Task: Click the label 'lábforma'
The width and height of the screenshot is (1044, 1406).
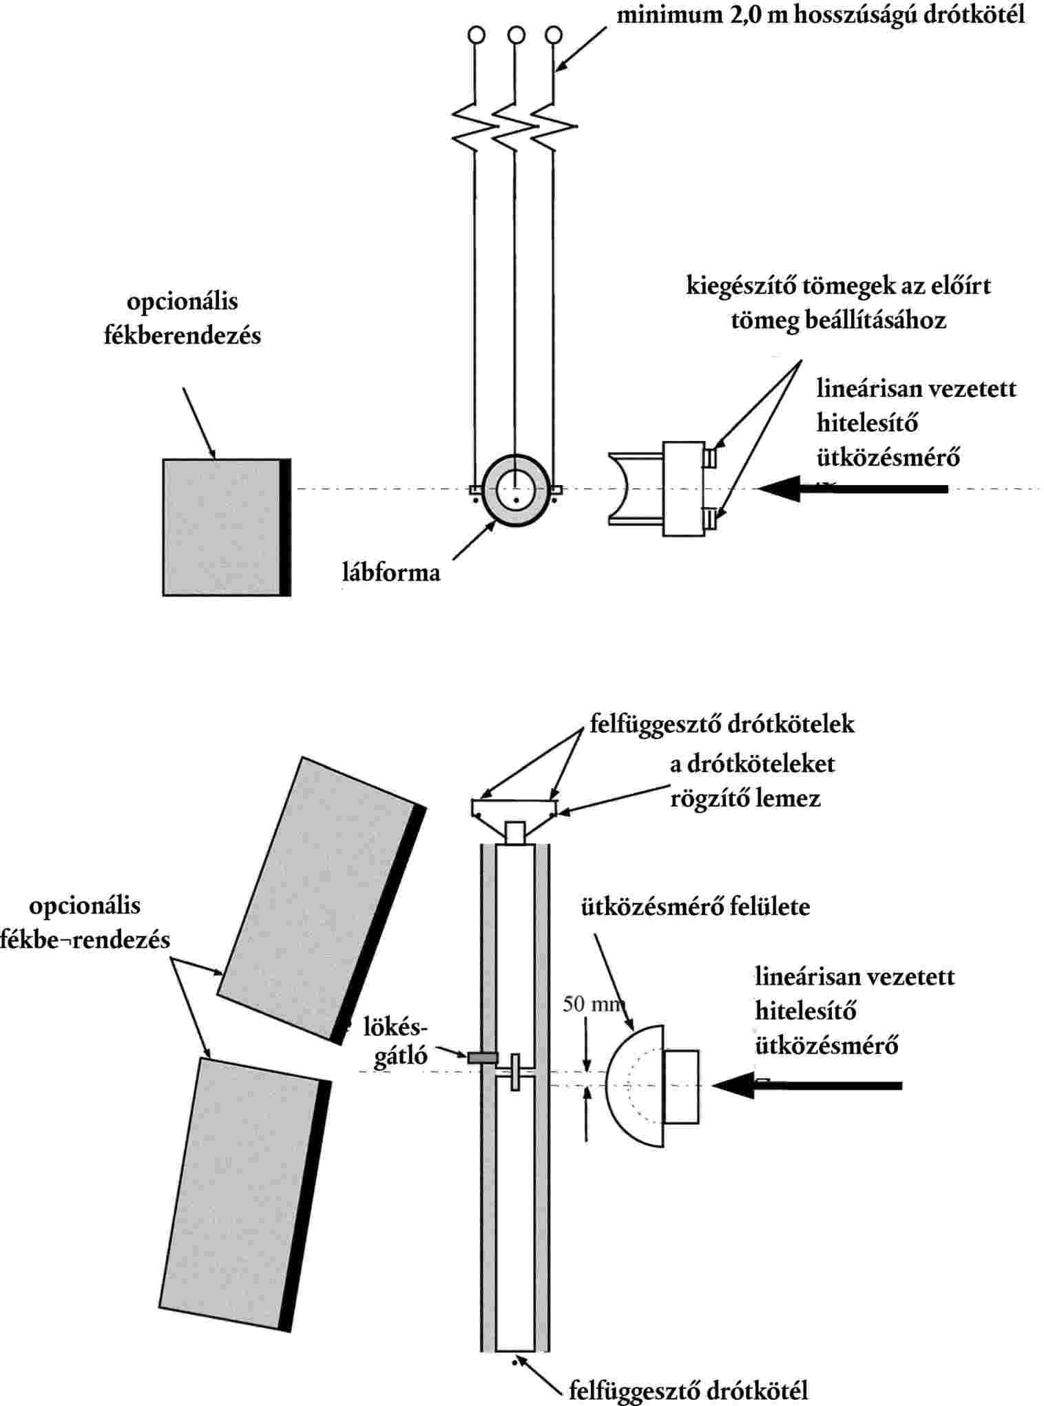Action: (390, 572)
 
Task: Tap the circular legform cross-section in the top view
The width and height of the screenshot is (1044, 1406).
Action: (516, 490)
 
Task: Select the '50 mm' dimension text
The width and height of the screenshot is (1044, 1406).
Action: (593, 1004)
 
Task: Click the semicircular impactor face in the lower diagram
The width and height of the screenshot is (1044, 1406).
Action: (630, 1085)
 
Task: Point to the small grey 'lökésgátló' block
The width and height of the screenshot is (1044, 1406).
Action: (483, 1057)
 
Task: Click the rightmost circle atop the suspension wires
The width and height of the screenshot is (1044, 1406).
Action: (553, 34)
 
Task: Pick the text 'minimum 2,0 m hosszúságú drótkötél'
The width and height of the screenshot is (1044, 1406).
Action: (820, 15)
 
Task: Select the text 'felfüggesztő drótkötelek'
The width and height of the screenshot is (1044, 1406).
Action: (722, 724)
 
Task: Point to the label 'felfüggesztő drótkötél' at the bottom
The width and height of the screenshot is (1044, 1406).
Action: (688, 1390)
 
